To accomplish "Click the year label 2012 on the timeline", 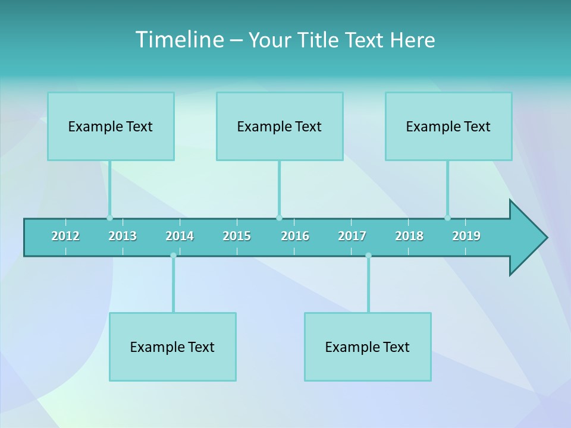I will pyautogui.click(x=65, y=236).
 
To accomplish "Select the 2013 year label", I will pyautogui.click(x=123, y=236).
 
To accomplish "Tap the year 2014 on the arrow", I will pyautogui.click(x=180, y=236).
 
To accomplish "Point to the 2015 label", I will pyautogui.click(x=237, y=236).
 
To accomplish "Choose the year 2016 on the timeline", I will pyautogui.click(x=295, y=236).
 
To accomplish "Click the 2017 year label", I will pyautogui.click(x=352, y=236).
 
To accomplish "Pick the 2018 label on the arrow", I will pyautogui.click(x=409, y=236).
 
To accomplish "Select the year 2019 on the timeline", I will pyautogui.click(x=466, y=236).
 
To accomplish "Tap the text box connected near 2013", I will pyautogui.click(x=111, y=126).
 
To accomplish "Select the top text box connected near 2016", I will pyautogui.click(x=280, y=126).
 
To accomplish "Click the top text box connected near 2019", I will pyautogui.click(x=448, y=126).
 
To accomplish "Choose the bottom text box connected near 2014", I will pyautogui.click(x=172, y=347).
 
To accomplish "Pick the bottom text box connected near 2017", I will pyautogui.click(x=368, y=347).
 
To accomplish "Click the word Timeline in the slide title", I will pyautogui.click(x=179, y=39).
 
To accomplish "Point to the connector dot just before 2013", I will pyautogui.click(x=109, y=218).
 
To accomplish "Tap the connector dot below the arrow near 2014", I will pyautogui.click(x=173, y=256).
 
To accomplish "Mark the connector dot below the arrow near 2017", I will pyautogui.click(x=368, y=256).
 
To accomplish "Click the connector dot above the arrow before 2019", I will pyautogui.click(x=447, y=218).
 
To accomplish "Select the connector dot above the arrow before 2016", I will pyautogui.click(x=279, y=218).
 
